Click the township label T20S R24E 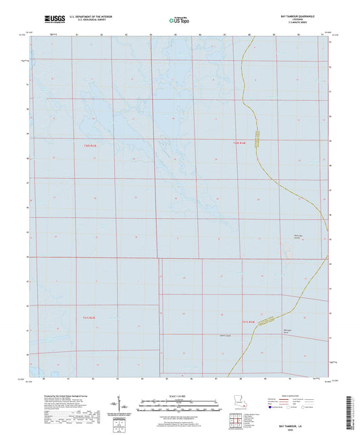(x=240, y=143)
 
